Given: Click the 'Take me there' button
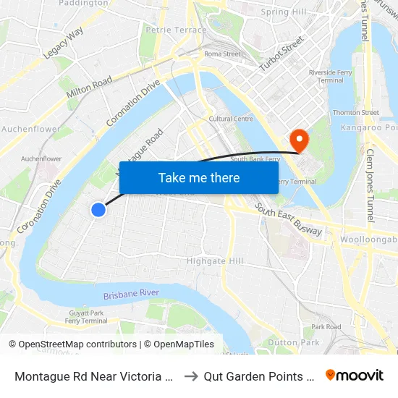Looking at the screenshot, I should [x=199, y=177].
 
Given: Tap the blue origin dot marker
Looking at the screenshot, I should [x=98, y=210].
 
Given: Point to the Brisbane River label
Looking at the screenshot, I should [x=131, y=295].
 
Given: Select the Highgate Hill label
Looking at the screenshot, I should [x=216, y=261].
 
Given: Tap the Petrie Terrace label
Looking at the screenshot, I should [x=176, y=30].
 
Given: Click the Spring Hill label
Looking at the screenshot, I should [x=284, y=12].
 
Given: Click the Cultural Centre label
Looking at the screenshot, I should [x=231, y=119].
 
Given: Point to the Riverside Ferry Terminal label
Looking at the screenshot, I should [x=326, y=76].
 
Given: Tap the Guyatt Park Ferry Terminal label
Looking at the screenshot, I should [x=85, y=317].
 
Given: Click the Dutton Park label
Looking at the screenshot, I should [x=293, y=342].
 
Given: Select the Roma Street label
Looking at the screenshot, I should [x=222, y=54].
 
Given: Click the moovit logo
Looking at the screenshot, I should [x=355, y=375].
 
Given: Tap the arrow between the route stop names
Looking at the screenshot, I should [x=191, y=376].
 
